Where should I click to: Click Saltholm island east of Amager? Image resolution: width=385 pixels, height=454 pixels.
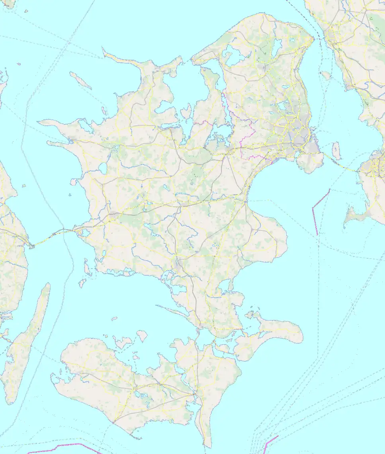336,151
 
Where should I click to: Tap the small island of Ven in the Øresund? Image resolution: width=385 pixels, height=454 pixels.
326,75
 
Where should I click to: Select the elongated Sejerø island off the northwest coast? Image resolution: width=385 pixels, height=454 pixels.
80,80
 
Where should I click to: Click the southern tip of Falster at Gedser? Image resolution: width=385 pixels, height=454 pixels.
207,445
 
